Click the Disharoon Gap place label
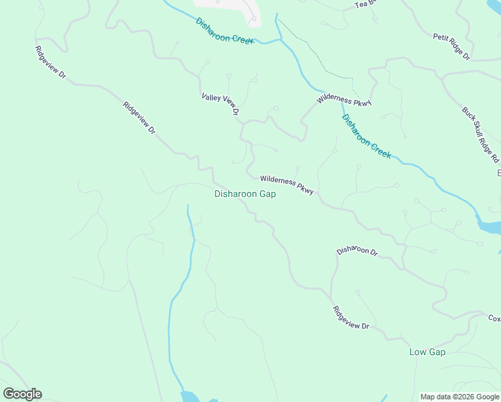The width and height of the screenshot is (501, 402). pos(244,194)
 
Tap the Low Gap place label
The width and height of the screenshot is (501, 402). pos(427,352)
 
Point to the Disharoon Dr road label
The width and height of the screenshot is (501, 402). pos(357,251)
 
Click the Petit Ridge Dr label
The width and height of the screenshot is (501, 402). pos(451,47)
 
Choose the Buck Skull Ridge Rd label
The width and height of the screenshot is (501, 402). pos(480,135)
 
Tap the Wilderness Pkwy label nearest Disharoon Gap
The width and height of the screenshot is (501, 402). pos(287,185)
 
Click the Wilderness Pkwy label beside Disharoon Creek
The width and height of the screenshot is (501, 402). pos(344,100)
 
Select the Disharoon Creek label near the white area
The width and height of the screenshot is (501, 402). pos(225,31)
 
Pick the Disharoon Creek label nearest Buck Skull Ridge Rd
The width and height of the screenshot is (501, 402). pos(366,136)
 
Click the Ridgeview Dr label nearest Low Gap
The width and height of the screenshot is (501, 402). pos(351,318)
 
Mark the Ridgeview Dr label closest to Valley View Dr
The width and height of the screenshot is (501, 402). pos(139,119)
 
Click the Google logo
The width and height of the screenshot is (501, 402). pos(22,393)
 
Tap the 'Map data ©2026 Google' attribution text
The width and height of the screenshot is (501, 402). pos(459,397)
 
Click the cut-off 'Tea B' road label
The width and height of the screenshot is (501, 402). pos(361,4)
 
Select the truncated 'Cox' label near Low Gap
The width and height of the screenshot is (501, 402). pos(494,318)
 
